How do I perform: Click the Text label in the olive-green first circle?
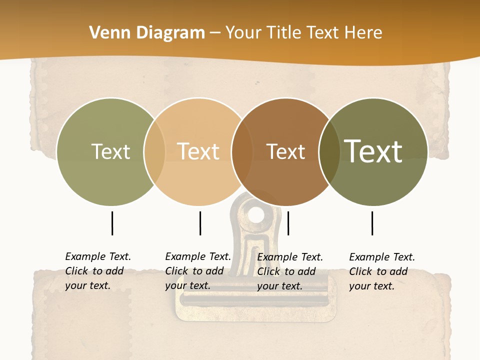click(x=110, y=151)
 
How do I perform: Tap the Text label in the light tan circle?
click(x=198, y=151)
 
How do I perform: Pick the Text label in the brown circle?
click(x=285, y=151)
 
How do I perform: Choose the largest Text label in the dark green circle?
click(x=373, y=151)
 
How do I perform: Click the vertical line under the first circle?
click(x=112, y=223)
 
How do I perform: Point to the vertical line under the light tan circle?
click(x=200, y=223)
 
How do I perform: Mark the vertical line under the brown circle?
click(x=288, y=223)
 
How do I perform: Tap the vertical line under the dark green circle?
click(x=372, y=223)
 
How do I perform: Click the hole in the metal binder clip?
click(x=256, y=215)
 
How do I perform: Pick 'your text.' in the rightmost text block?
click(x=371, y=286)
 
